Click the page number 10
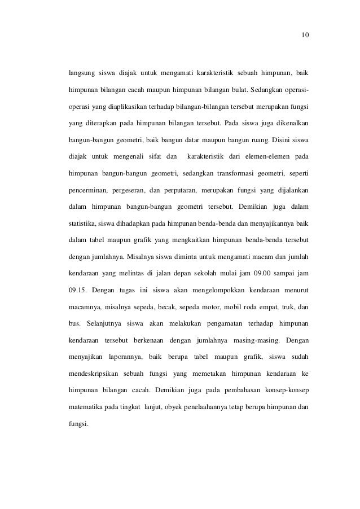[x=305, y=36]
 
